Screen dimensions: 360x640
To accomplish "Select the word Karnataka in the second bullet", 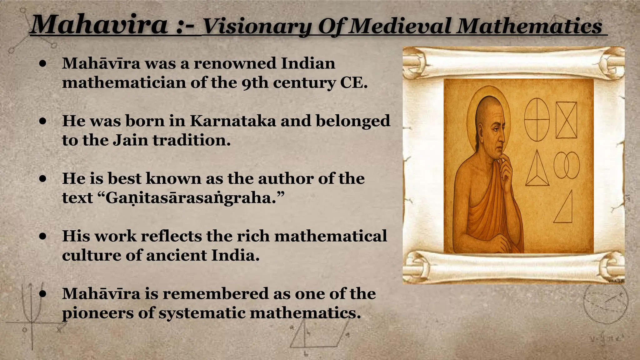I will pos(233,121).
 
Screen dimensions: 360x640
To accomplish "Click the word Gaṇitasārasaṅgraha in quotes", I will pos(191,198).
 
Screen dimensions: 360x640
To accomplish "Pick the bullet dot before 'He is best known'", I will pos(43,179).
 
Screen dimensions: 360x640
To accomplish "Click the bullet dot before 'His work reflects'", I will pos(43,236).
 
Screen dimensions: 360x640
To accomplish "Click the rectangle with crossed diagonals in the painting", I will pos(566,120).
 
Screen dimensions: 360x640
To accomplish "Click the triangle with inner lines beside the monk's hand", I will pos(537,170).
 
